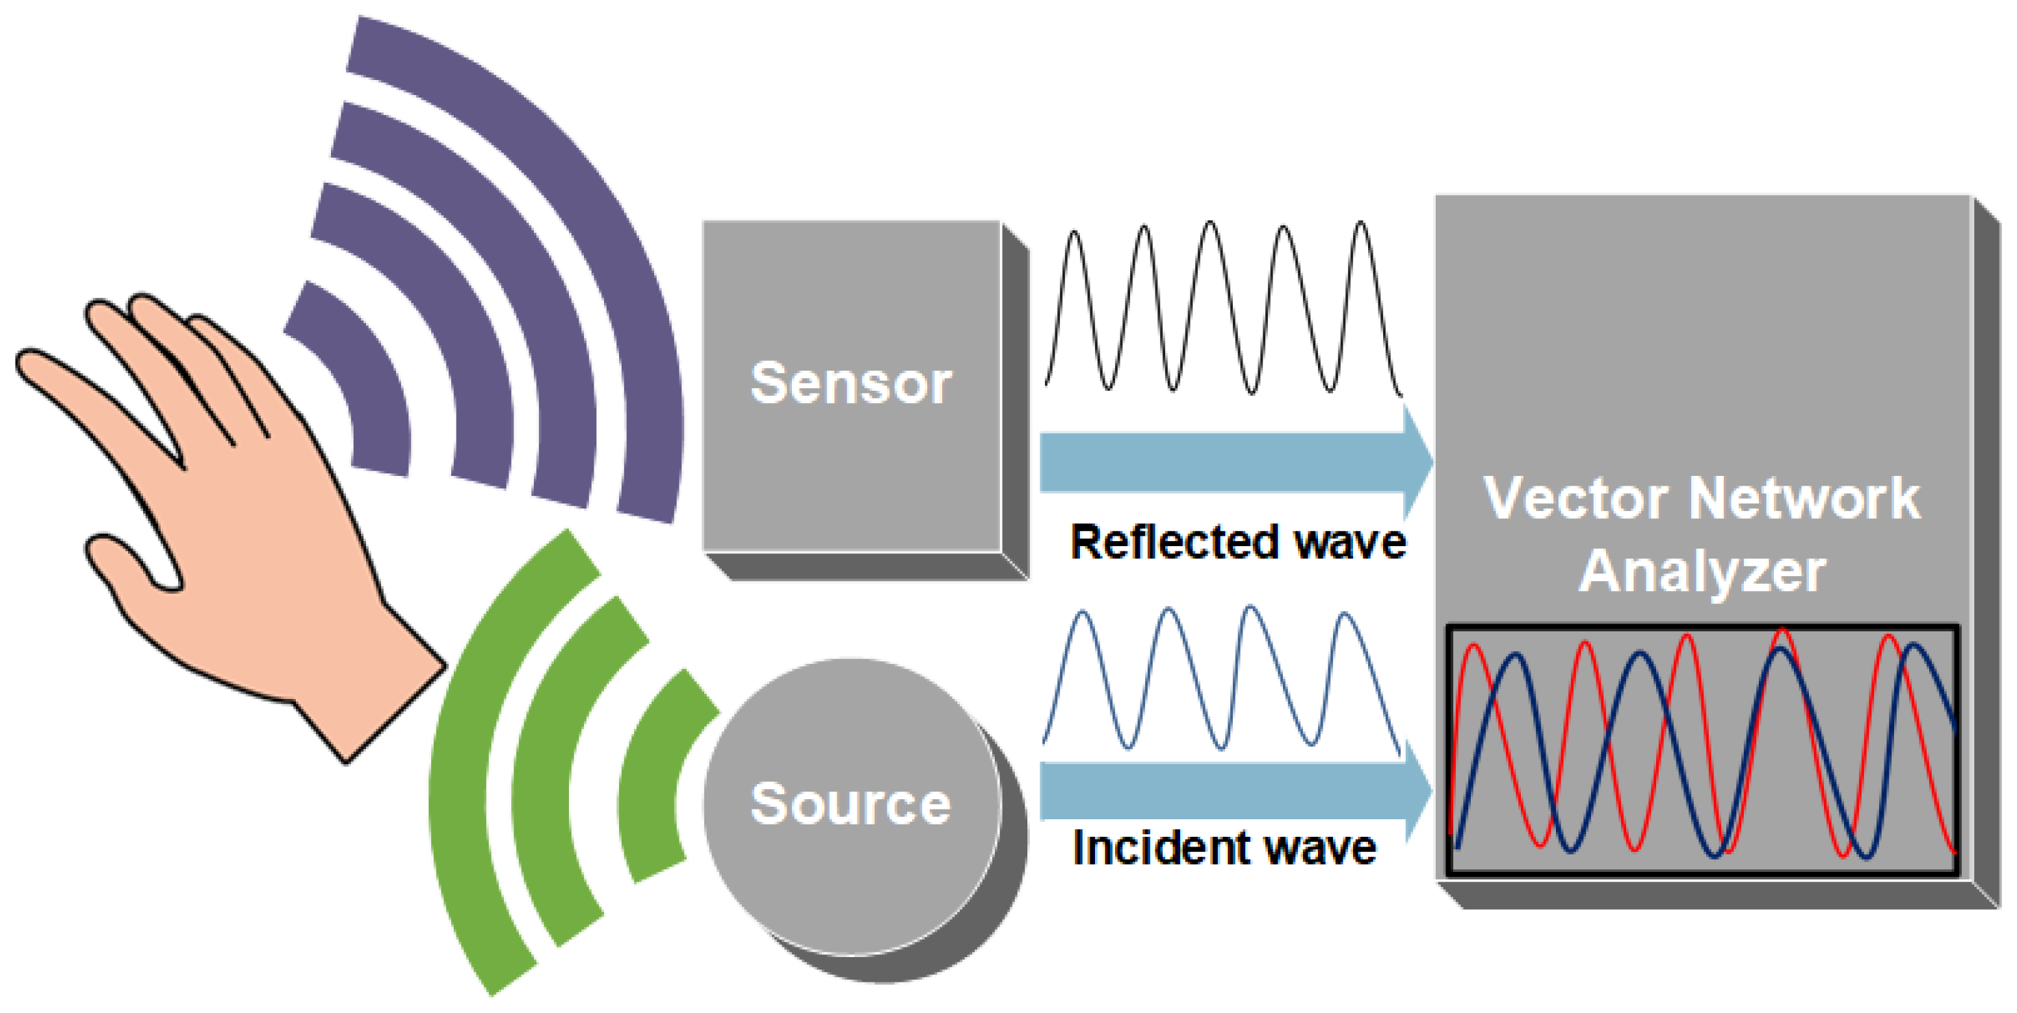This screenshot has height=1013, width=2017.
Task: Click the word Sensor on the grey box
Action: pos(850,384)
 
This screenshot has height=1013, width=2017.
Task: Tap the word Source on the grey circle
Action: pos(850,804)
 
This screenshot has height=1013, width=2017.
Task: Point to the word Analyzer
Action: pos(1702,572)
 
